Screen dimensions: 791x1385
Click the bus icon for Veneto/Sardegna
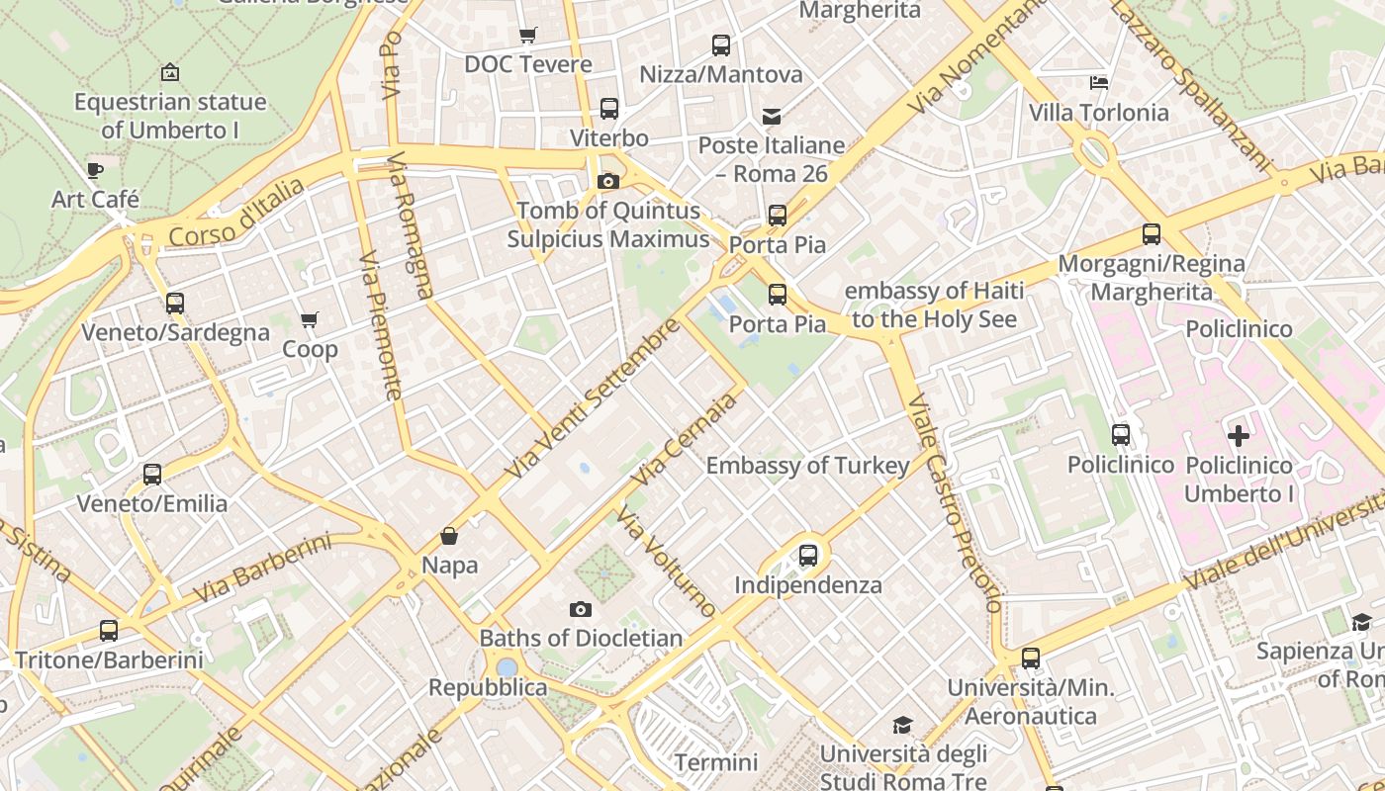175,304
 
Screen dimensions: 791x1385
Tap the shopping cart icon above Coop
310,320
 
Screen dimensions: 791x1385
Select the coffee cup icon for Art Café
95,170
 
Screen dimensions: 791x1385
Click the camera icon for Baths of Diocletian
581,609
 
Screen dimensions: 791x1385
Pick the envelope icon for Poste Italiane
772,117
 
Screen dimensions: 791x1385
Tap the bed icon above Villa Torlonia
1098,83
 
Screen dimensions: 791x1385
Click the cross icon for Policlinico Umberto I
1239,435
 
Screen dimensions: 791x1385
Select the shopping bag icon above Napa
449,536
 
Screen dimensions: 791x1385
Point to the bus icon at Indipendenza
808,556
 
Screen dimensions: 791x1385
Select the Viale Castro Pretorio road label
956,503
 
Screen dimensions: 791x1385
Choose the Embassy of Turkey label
807,466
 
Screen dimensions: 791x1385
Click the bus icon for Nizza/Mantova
721,45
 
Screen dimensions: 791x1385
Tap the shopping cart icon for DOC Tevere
528,36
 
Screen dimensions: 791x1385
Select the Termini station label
715,762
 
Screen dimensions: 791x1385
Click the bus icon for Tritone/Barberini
109,631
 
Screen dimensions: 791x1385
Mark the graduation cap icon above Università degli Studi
902,726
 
